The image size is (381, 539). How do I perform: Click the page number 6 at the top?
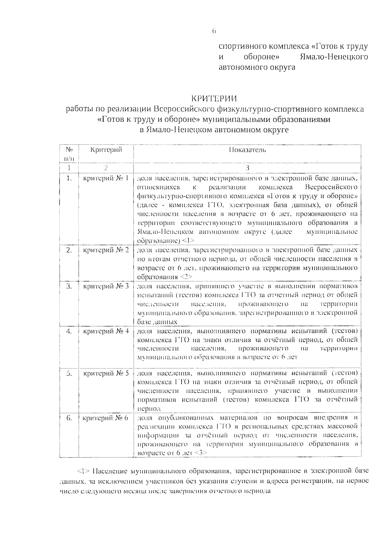click(x=214, y=31)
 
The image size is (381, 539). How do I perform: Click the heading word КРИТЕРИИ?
click(x=214, y=98)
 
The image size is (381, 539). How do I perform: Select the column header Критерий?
click(x=106, y=150)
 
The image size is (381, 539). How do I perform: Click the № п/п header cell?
click(x=69, y=154)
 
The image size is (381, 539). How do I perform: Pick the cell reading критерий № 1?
click(x=106, y=178)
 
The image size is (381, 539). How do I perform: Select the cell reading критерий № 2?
click(x=106, y=250)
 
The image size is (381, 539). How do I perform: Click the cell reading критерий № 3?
click(x=106, y=286)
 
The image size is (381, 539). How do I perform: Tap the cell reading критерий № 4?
click(x=106, y=331)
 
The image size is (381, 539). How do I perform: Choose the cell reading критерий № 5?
click(x=106, y=373)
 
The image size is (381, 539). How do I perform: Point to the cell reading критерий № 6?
click(x=105, y=418)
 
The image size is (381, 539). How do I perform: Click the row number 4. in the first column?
click(x=69, y=331)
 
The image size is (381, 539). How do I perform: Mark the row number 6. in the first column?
click(x=69, y=418)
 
